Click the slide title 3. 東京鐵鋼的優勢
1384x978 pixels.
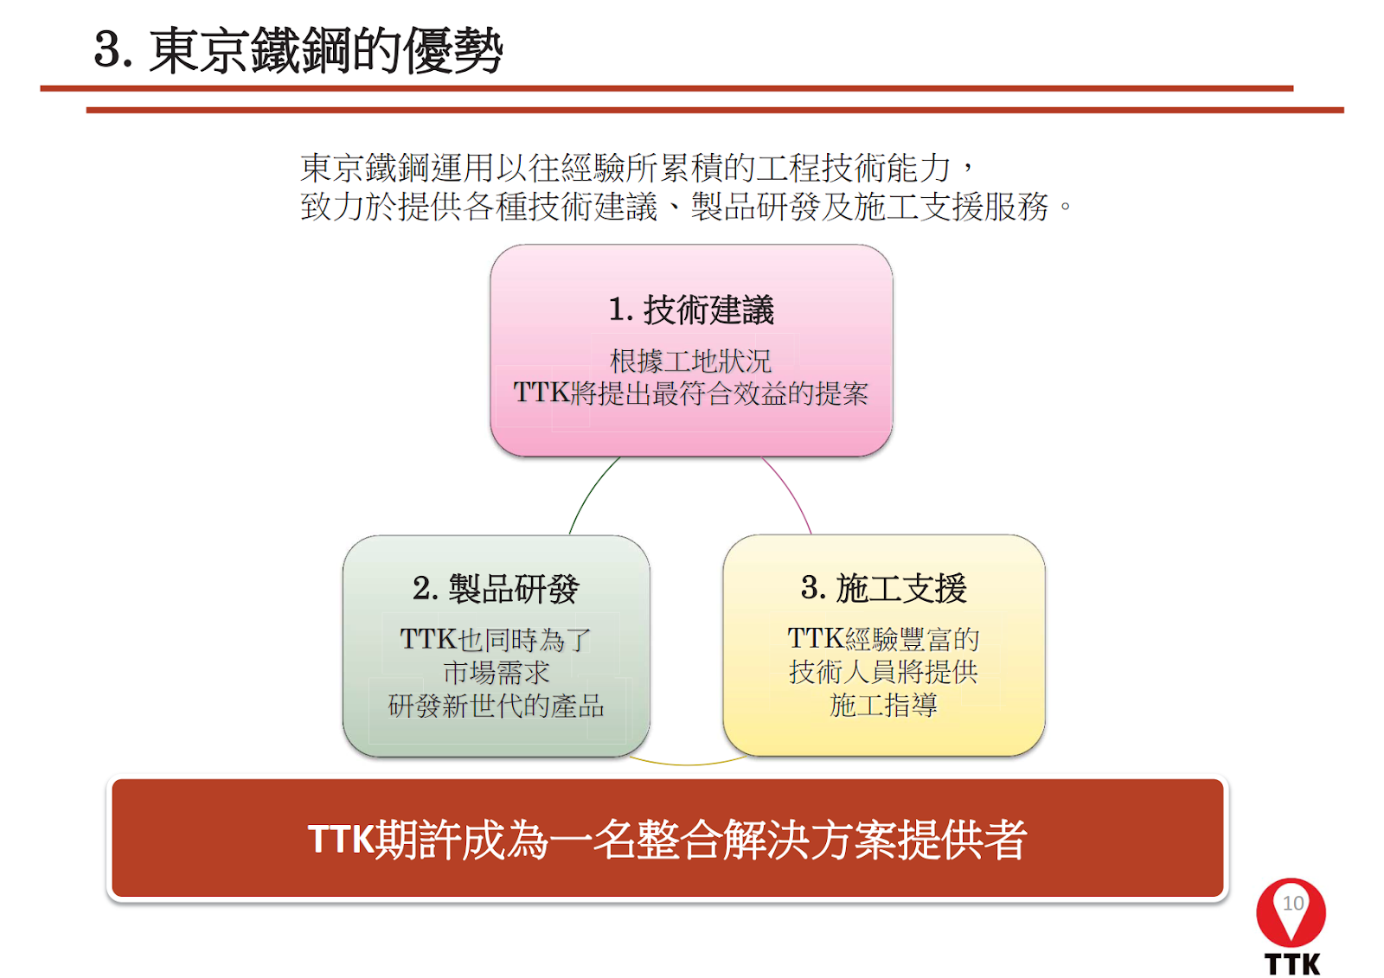click(298, 51)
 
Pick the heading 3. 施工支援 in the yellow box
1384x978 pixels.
click(883, 587)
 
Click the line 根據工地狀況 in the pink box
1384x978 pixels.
click(691, 361)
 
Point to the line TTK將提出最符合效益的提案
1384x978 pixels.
click(691, 393)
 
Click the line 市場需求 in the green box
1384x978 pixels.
click(497, 672)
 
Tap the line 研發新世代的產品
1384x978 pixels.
click(497, 706)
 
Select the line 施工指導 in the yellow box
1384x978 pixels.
click(883, 704)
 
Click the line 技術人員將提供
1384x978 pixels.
click(883, 672)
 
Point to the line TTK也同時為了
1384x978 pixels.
click(496, 639)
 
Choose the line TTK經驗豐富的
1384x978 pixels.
click(883, 639)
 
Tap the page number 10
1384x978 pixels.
click(1292, 904)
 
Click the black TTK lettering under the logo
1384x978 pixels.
click(1292, 964)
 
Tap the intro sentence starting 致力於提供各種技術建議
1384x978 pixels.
click(686, 206)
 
